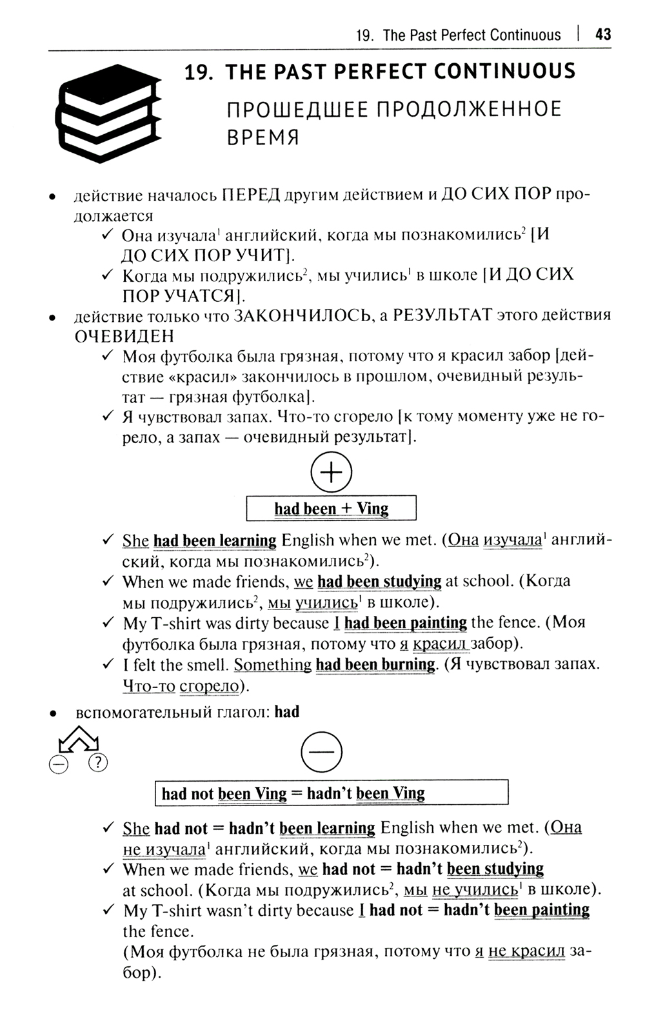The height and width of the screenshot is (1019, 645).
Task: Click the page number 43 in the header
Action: [x=603, y=34]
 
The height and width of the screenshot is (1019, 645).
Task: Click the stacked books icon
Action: [x=108, y=104]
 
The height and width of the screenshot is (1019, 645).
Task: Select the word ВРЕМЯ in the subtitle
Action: [x=263, y=137]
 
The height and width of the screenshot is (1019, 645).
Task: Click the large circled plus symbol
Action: [x=331, y=472]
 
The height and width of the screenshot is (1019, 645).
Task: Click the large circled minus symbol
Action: [x=321, y=751]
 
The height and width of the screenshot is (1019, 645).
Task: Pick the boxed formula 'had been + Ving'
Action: [x=331, y=508]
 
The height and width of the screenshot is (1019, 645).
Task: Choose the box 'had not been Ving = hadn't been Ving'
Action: [x=331, y=793]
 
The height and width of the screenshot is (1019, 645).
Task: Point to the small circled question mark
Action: [x=97, y=763]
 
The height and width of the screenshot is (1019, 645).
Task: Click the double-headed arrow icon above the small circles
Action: [x=78, y=739]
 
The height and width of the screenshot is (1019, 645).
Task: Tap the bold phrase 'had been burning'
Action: [x=375, y=664]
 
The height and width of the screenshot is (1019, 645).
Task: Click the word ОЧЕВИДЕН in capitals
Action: [x=124, y=336]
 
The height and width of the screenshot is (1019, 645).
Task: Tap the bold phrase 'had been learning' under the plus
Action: [x=215, y=540]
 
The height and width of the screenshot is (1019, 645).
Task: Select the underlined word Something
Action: [x=272, y=664]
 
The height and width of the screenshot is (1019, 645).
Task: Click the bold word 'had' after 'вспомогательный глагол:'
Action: [x=287, y=712]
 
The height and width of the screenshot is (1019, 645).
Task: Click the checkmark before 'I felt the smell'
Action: [x=108, y=664]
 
